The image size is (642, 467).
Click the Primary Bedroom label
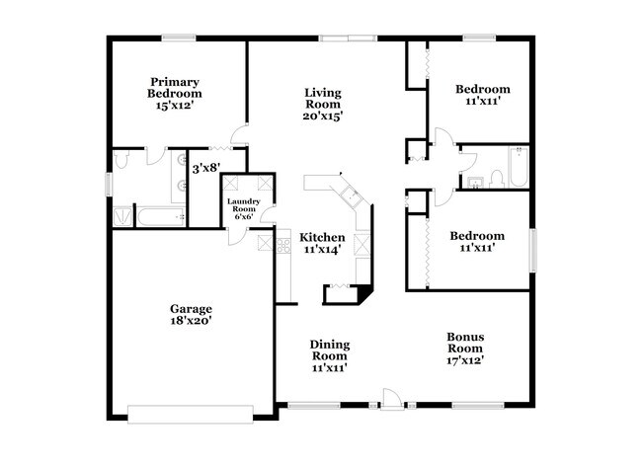point(175,88)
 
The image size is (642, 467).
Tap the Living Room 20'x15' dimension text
point(323,116)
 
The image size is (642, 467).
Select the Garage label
point(191,309)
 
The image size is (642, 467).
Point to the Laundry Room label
point(244,205)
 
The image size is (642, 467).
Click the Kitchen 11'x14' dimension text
point(322,249)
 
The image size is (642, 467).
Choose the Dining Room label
point(330,350)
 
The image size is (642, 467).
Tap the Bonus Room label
point(465,343)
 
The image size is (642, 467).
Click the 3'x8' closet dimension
point(206,168)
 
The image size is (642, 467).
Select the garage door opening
point(191,415)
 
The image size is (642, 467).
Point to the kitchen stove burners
point(283,245)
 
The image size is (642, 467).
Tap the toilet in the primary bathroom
point(122,159)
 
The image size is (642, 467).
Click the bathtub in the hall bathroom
point(519,167)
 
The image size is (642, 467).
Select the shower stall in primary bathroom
point(122,216)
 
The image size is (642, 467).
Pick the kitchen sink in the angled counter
point(353,197)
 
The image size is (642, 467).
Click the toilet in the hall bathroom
point(497,180)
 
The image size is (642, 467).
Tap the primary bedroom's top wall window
point(179,39)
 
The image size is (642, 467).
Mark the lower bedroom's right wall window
point(532,250)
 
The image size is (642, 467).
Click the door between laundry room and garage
point(237,237)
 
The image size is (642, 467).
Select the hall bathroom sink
point(476,183)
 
